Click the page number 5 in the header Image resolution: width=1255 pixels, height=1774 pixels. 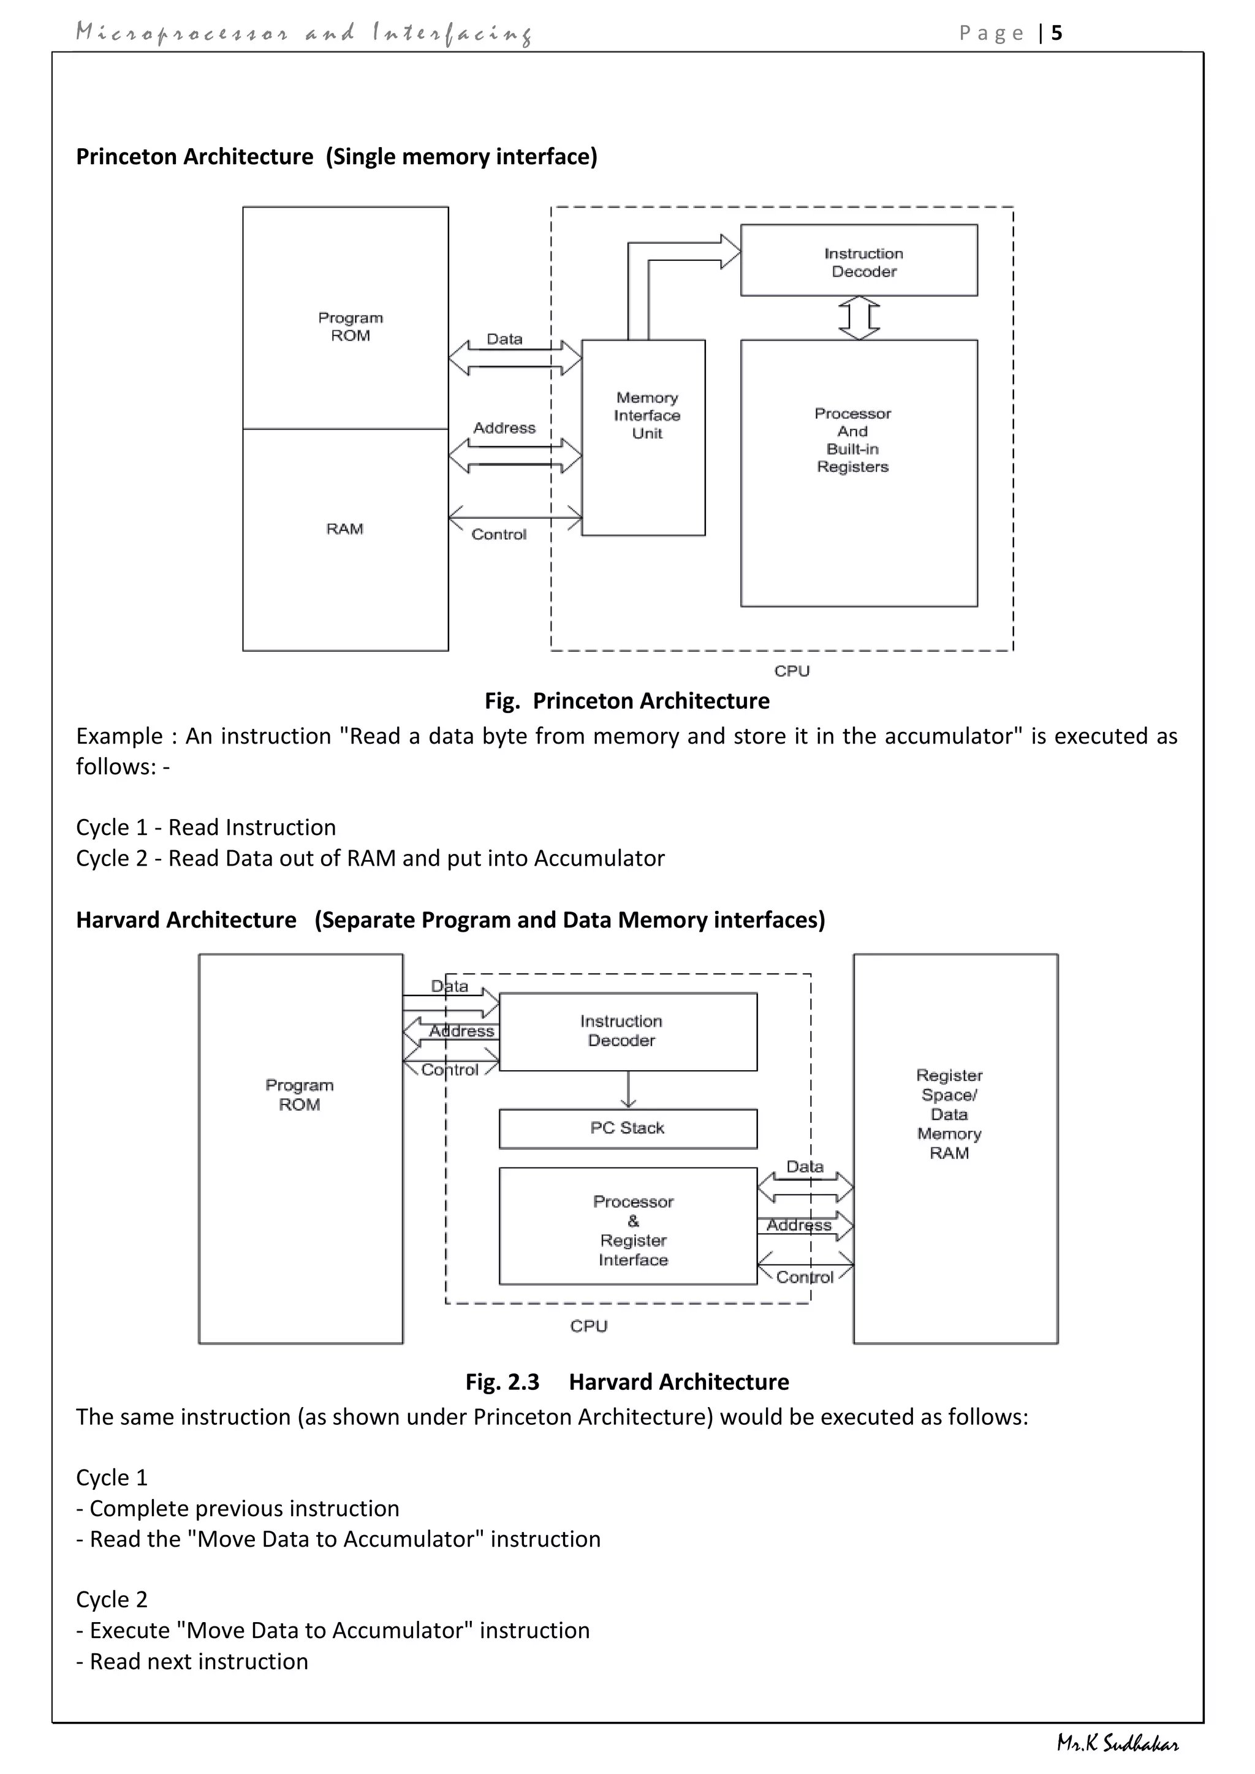click(x=1056, y=33)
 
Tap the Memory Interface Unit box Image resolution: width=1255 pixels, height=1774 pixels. click(x=643, y=437)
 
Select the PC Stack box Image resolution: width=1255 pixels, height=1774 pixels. click(x=627, y=1129)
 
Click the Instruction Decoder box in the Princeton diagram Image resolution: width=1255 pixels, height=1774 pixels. click(x=859, y=261)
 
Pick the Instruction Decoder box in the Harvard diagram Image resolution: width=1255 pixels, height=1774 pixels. click(x=627, y=1032)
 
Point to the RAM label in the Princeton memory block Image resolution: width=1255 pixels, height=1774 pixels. click(x=344, y=529)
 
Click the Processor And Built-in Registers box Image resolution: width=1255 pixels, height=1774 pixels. click(x=859, y=473)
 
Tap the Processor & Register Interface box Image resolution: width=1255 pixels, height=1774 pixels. click(x=627, y=1231)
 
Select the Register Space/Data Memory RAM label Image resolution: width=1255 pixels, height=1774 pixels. click(x=949, y=1114)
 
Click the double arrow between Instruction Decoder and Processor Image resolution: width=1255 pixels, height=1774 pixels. click(x=859, y=317)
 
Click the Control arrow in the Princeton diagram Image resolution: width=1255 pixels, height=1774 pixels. click(x=515, y=517)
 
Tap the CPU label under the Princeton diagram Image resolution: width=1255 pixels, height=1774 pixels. click(x=792, y=671)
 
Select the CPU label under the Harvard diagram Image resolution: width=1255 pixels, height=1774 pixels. click(x=589, y=1326)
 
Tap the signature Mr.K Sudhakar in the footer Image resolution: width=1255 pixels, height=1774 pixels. click(x=1118, y=1744)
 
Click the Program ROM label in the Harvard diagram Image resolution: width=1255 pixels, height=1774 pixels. click(x=299, y=1095)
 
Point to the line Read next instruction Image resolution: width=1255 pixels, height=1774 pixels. click(x=199, y=1662)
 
